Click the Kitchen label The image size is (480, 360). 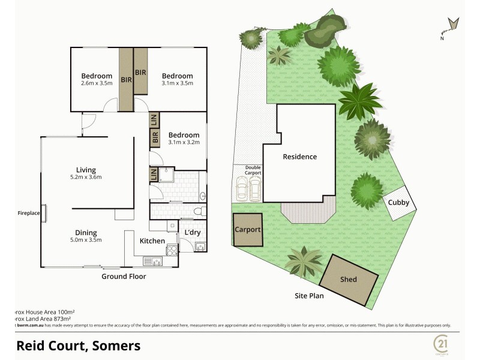pyautogui.click(x=152, y=241)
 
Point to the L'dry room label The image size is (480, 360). pyautogui.click(x=192, y=232)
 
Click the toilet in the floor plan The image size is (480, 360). pyautogui.click(x=199, y=211)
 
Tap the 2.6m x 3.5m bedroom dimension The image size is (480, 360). pyautogui.click(x=97, y=83)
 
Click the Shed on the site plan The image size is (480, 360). pyautogui.click(x=349, y=279)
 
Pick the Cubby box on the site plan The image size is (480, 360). pyautogui.click(x=398, y=203)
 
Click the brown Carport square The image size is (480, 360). pyautogui.click(x=247, y=230)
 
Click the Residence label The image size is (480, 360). pyautogui.click(x=299, y=157)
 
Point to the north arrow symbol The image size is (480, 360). pyautogui.click(x=452, y=26)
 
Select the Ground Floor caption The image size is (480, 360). pyautogui.click(x=124, y=277)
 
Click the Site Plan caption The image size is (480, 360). pyautogui.click(x=310, y=296)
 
